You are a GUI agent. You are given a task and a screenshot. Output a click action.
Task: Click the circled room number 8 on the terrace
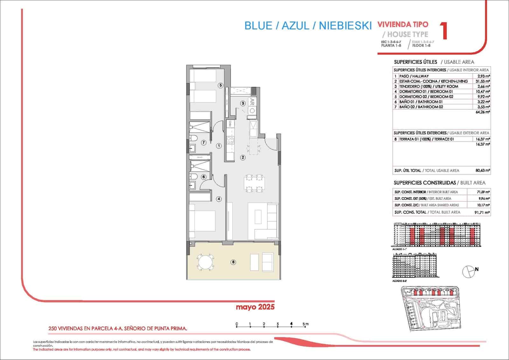234,262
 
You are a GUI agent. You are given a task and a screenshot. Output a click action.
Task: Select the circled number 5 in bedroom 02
220,85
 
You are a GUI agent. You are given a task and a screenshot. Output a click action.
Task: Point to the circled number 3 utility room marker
243,103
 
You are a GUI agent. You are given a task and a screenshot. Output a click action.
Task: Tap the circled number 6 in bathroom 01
204,177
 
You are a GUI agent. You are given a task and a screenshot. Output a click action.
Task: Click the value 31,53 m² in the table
482,81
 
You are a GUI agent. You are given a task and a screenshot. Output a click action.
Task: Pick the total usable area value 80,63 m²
482,171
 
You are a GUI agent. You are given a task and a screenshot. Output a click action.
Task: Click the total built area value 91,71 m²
482,212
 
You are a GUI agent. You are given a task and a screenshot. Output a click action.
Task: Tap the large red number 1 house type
444,31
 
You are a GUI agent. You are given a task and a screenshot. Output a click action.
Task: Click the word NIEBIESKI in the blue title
345,25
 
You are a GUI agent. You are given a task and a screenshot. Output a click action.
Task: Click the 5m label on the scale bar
305,324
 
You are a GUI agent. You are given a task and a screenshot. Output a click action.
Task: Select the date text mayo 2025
255,307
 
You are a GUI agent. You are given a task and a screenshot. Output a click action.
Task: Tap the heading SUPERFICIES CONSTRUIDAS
425,183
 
